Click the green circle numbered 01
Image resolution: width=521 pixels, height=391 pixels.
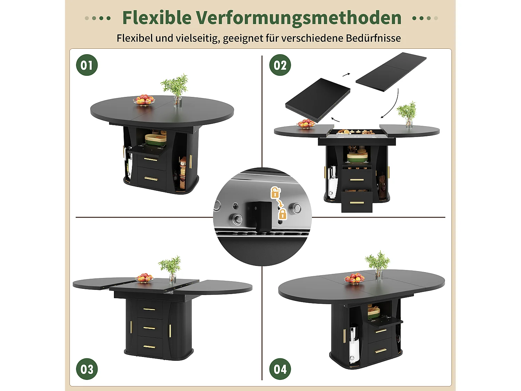pos(87,65)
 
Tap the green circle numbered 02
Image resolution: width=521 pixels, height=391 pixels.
pos(280,65)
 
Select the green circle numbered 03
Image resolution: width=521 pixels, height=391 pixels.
pos(87,369)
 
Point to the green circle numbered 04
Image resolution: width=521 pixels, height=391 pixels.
pos(280,369)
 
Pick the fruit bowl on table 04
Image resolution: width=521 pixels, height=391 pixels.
pos(354,278)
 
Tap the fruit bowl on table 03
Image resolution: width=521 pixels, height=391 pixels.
pos(145,278)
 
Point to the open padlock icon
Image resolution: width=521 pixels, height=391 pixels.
pos(275,192)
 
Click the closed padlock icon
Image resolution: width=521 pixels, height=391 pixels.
pos(283,214)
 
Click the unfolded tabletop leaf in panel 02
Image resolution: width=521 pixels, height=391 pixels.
pos(391,72)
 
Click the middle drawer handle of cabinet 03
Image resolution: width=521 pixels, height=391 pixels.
pos(149,328)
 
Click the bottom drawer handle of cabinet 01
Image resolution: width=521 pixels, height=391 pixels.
pos(151,179)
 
